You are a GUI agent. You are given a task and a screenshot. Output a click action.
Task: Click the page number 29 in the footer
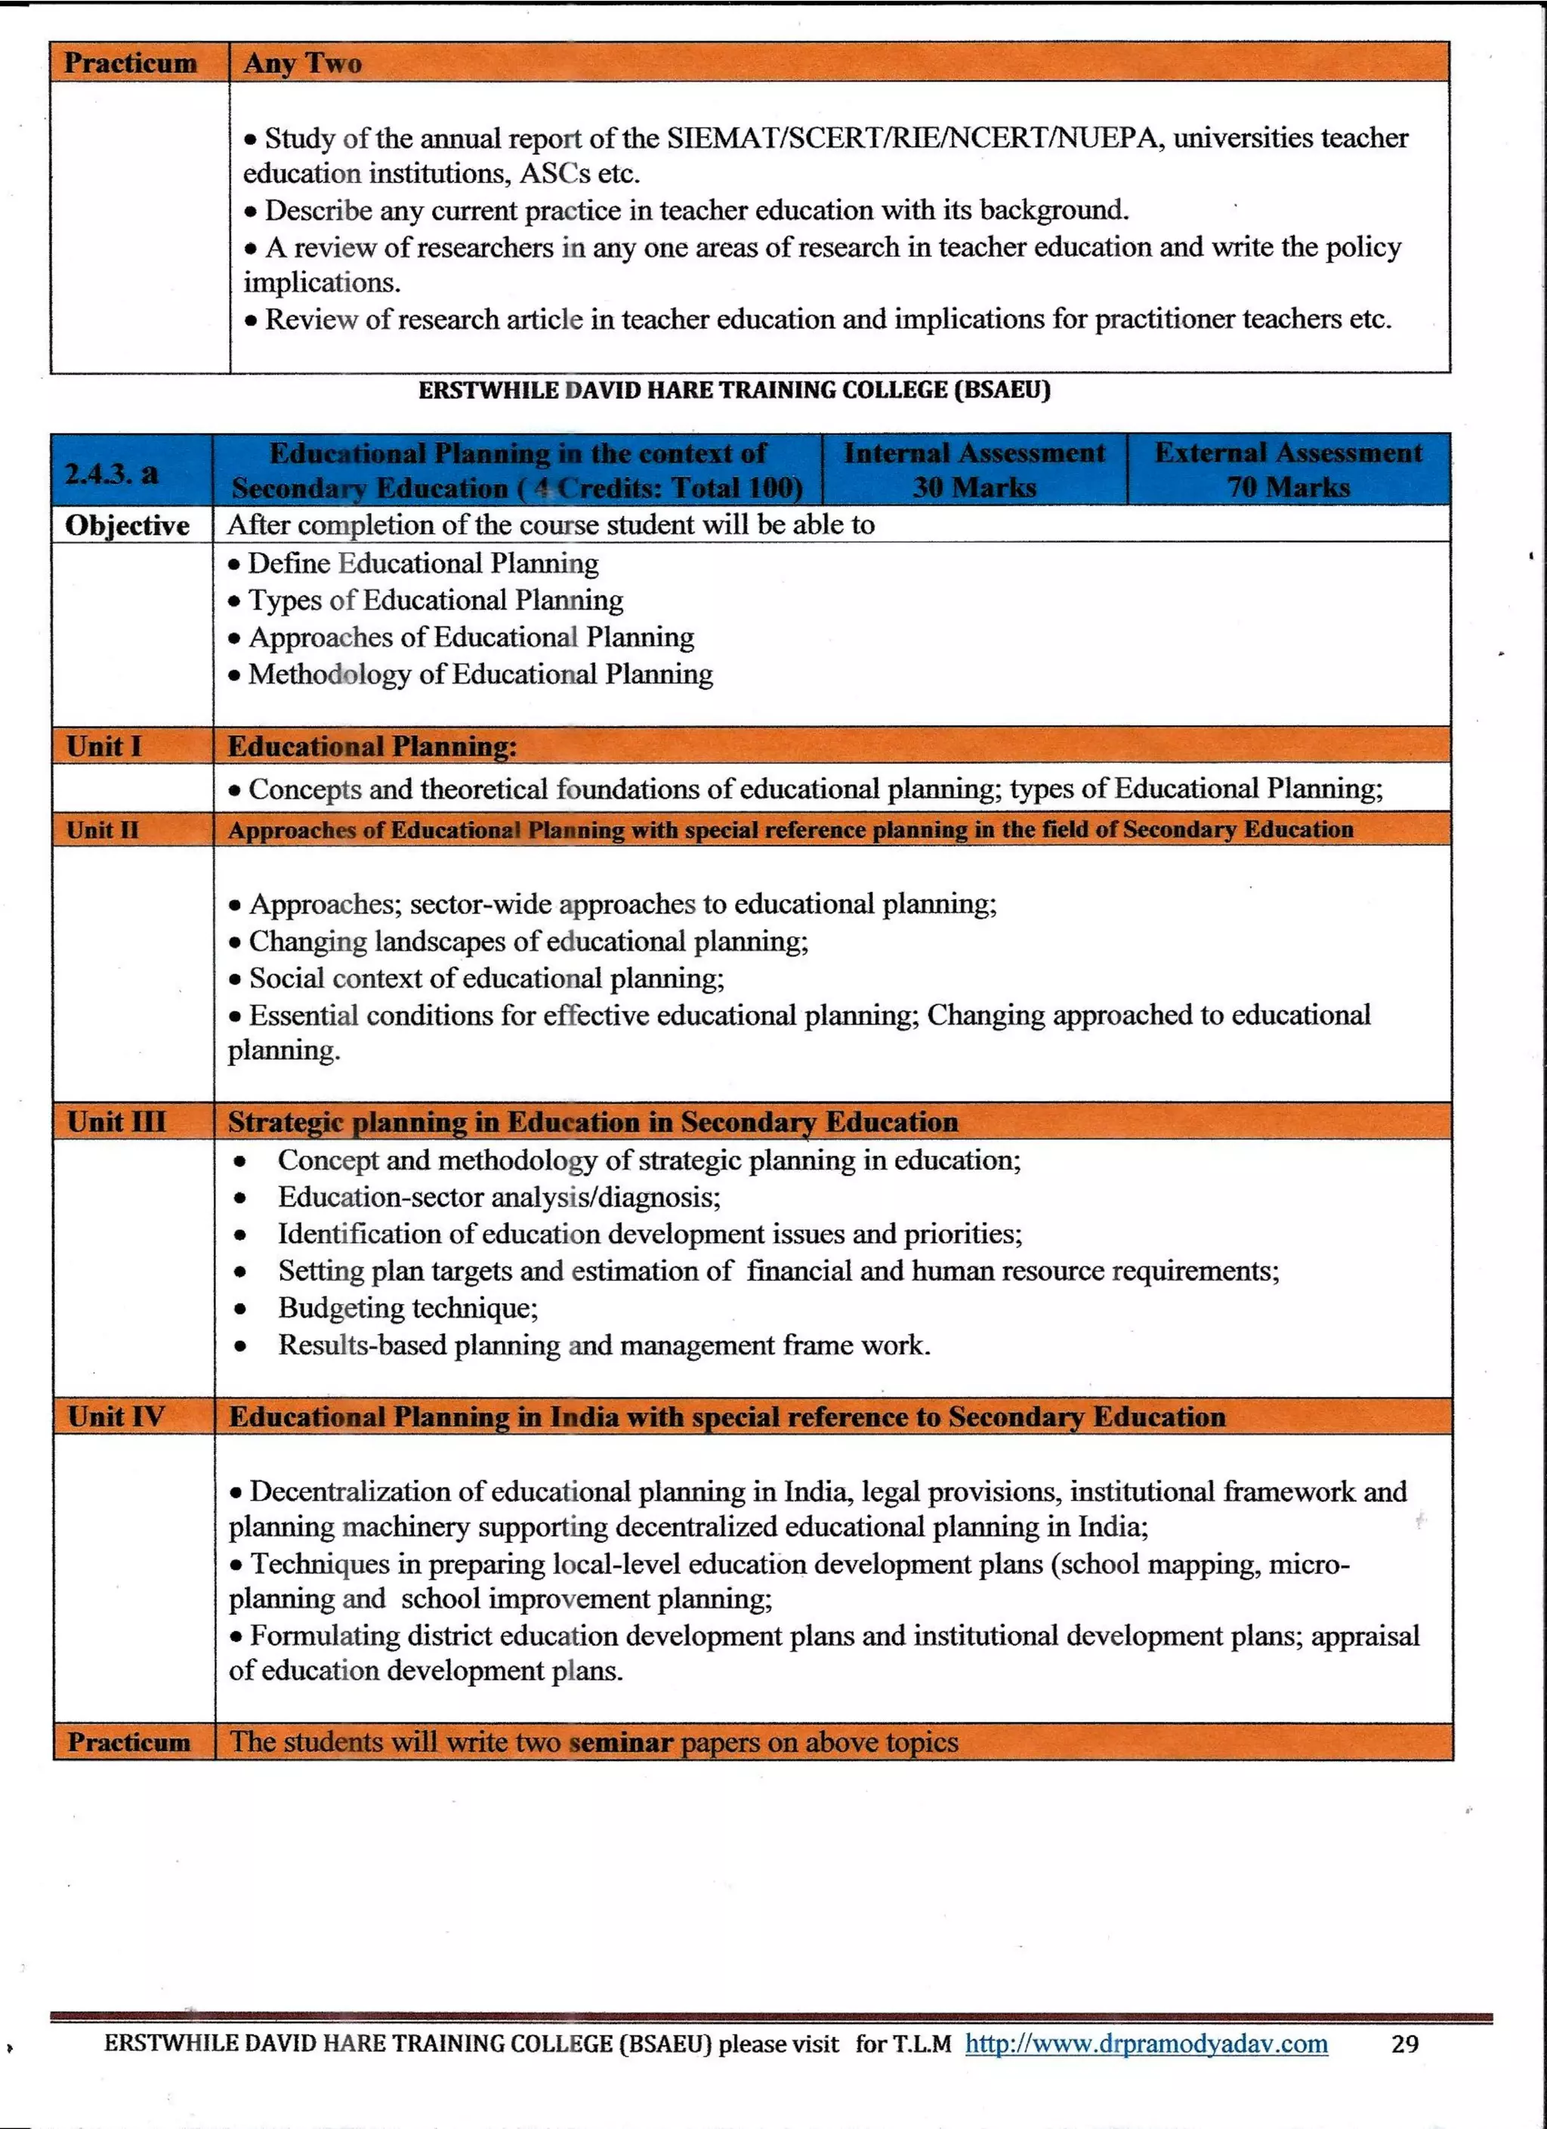click(1404, 2044)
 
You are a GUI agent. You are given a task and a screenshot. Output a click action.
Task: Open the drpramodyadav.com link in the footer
click(1146, 2044)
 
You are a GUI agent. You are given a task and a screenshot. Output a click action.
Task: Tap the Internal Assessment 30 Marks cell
click(974, 470)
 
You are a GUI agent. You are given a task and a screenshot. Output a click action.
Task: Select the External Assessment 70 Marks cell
click(1288, 470)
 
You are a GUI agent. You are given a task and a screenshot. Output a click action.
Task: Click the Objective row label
click(127, 526)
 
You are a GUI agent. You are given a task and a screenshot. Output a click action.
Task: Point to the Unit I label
click(104, 747)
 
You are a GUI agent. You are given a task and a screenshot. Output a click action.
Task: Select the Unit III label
click(116, 1122)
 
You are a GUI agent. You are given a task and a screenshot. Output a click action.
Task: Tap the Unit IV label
click(116, 1417)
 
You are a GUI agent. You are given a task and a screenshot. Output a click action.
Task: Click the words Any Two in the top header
click(302, 63)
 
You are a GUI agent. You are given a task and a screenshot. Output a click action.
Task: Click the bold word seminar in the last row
click(622, 1743)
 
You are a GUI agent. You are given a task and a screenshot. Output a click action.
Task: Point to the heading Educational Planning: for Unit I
click(372, 747)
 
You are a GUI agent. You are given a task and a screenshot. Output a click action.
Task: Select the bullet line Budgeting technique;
click(407, 1308)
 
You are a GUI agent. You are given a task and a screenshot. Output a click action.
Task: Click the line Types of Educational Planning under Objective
click(434, 600)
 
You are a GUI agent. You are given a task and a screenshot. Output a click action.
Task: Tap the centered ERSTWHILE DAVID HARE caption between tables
click(734, 390)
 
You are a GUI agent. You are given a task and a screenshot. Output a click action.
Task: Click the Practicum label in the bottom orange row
click(128, 1743)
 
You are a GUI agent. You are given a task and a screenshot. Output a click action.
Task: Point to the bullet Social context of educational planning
click(486, 978)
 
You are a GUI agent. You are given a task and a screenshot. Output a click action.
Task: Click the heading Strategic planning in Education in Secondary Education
click(593, 1122)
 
